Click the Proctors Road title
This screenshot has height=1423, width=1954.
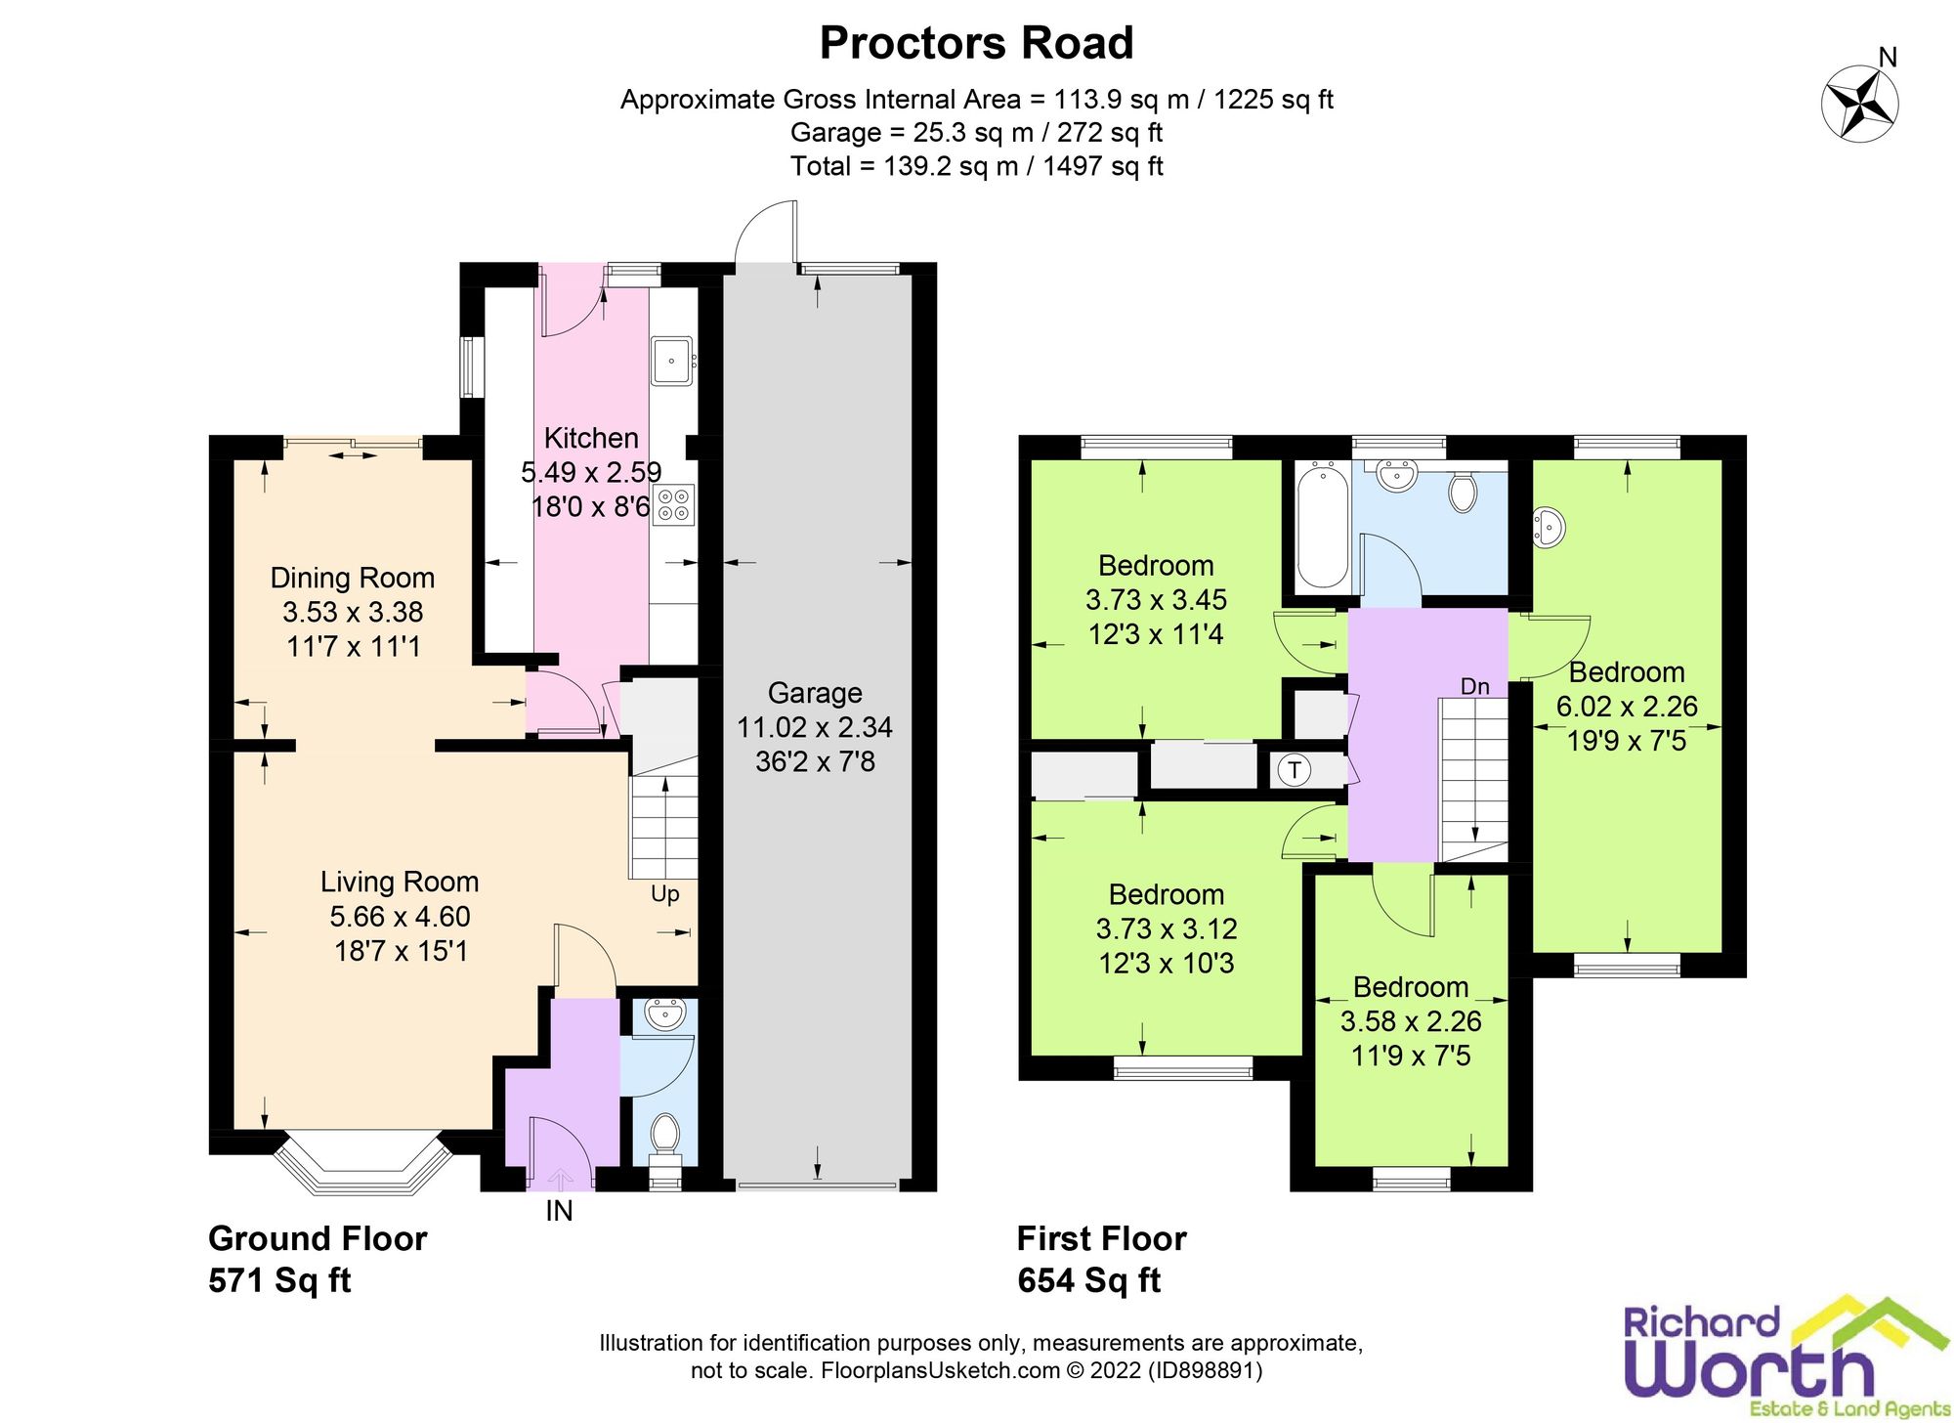(976, 43)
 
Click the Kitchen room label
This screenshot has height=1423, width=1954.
(591, 438)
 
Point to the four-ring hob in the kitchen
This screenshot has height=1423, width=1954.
(673, 505)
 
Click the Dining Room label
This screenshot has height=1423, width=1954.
(353, 578)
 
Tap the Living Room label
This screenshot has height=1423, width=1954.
(400, 882)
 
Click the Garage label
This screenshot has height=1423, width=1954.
(815, 693)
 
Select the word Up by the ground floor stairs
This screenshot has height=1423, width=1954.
(665, 894)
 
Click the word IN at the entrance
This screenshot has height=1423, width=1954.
(559, 1211)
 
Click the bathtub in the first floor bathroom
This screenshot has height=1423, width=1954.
(1323, 527)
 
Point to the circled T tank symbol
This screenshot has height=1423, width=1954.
(1295, 770)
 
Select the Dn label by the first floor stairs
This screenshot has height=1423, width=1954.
(1475, 687)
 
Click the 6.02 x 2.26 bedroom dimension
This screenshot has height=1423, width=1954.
(1627, 707)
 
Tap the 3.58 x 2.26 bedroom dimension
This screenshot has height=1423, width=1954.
(1411, 1021)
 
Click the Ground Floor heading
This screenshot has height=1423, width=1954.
(318, 1239)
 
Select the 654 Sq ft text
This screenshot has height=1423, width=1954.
(1089, 1280)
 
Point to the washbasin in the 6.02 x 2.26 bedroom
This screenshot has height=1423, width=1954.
(1549, 527)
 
